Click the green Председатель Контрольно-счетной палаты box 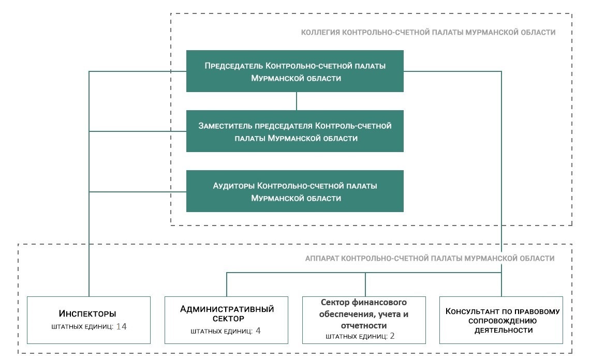(x=295, y=71)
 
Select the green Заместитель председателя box (x=295, y=131)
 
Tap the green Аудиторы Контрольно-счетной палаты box (x=295, y=191)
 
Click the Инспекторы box (x=89, y=320)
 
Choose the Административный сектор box (x=227, y=320)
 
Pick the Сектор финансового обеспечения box (x=364, y=320)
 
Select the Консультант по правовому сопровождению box (x=502, y=320)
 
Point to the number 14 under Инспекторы (x=122, y=326)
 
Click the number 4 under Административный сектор (x=258, y=331)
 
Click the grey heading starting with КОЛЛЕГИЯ (x=428, y=32)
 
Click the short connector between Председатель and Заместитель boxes (x=296, y=101)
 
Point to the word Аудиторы (x=234, y=186)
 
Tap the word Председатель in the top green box (x=233, y=66)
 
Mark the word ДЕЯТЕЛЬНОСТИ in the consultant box (x=502, y=330)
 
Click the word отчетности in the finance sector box (x=364, y=325)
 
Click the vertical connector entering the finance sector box (x=365, y=284)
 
